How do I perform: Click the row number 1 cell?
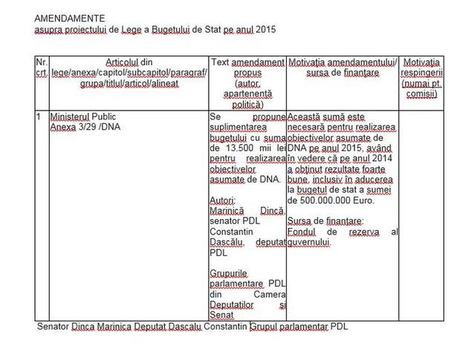pyautogui.click(x=38, y=117)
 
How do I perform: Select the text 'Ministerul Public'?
pyautogui.click(x=83, y=117)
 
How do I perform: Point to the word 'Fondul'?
pyautogui.click(x=303, y=232)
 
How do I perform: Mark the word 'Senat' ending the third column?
pyautogui.click(x=223, y=315)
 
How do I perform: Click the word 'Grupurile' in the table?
pyautogui.click(x=231, y=273)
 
